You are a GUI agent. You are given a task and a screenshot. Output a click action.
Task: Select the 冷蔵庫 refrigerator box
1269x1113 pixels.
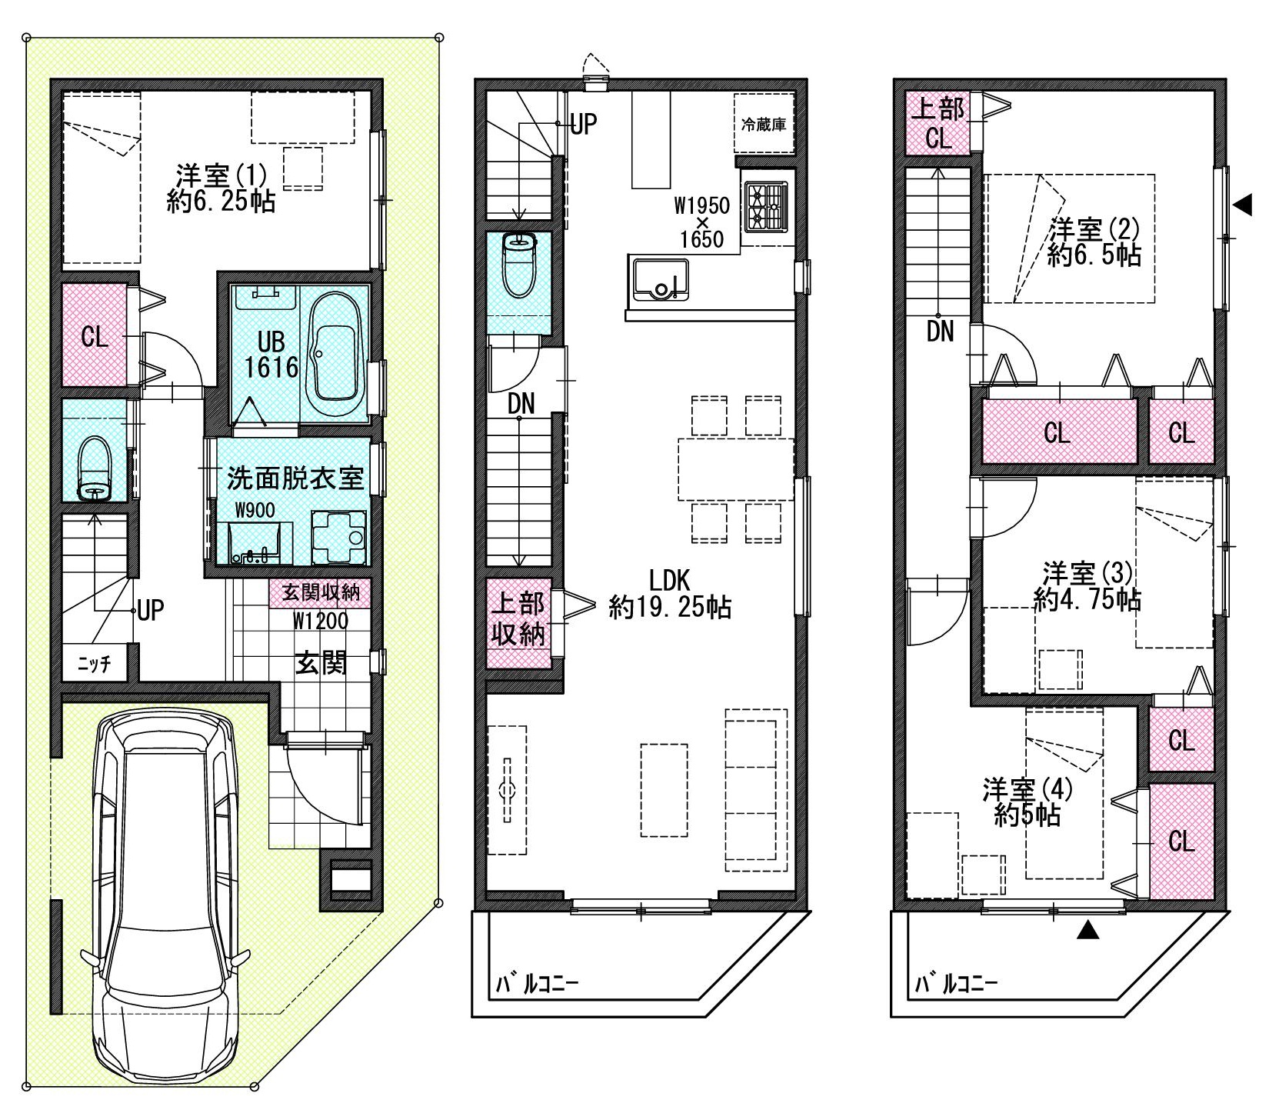[763, 123]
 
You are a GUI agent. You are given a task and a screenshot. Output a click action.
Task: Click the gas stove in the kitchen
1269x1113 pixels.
[765, 205]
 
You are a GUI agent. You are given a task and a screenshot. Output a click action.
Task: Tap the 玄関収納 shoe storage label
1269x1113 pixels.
[321, 593]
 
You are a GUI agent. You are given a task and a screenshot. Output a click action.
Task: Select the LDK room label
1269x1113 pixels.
[668, 593]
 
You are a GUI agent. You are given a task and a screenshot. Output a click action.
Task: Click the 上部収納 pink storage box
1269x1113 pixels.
[519, 622]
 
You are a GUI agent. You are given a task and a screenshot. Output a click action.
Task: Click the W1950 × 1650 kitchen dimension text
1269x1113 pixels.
[701, 222]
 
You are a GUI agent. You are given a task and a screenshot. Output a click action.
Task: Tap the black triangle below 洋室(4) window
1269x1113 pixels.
[1086, 931]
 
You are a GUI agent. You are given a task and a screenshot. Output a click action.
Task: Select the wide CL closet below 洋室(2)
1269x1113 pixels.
[1059, 433]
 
